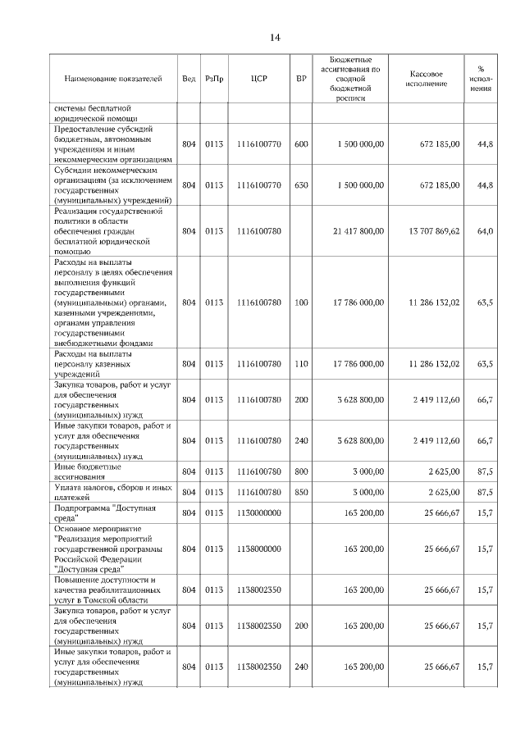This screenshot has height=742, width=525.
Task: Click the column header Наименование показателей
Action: pyautogui.click(x=113, y=79)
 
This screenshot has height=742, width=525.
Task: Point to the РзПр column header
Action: pyautogui.click(x=214, y=79)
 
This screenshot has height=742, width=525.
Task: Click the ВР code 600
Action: pyautogui.click(x=301, y=144)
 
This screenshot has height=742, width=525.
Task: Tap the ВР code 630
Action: pyautogui.click(x=301, y=185)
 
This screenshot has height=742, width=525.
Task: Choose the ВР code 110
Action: pyautogui.click(x=301, y=363)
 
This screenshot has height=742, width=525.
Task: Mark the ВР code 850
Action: pyautogui.click(x=301, y=492)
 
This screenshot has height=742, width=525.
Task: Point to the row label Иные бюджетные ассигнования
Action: pyautogui.click(x=88, y=471)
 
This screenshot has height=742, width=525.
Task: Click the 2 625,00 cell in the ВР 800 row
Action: pyautogui.click(x=442, y=471)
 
